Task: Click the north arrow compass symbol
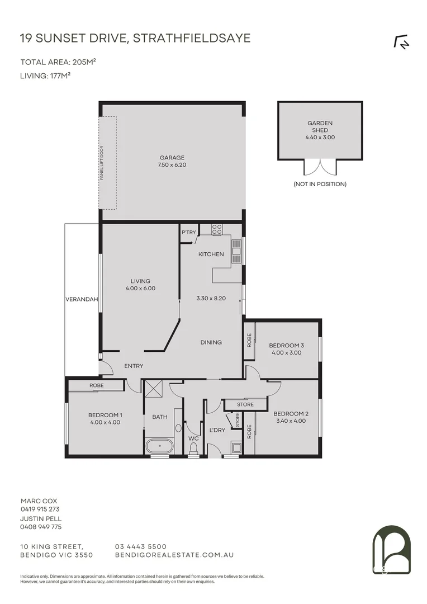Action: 401,43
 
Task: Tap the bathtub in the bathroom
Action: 159,446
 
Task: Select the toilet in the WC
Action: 193,448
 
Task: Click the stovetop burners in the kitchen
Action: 217,229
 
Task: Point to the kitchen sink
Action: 236,251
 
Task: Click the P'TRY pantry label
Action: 187,233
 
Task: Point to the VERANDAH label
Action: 82,299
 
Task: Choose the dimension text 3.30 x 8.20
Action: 211,299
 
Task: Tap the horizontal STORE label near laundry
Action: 245,404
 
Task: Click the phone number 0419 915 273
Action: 40,509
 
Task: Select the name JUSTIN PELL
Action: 41,518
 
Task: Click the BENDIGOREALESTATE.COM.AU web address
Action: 174,555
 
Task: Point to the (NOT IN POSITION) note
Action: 320,184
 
